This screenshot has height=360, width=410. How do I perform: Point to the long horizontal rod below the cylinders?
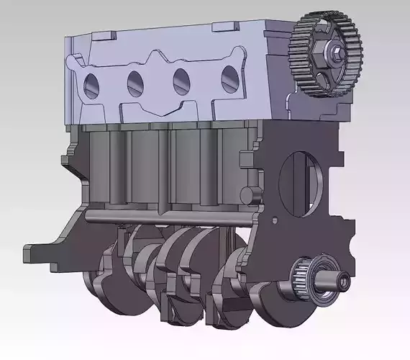coord(165,214)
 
